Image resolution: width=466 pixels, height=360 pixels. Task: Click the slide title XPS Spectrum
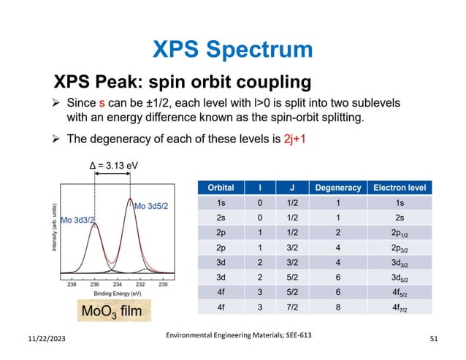[232, 49]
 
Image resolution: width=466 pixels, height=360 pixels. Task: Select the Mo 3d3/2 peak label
[77, 218]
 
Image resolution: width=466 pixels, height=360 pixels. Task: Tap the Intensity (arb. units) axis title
[54, 228]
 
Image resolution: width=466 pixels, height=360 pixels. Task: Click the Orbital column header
[221, 188]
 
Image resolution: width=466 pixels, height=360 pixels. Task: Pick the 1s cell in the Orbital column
[221, 202]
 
